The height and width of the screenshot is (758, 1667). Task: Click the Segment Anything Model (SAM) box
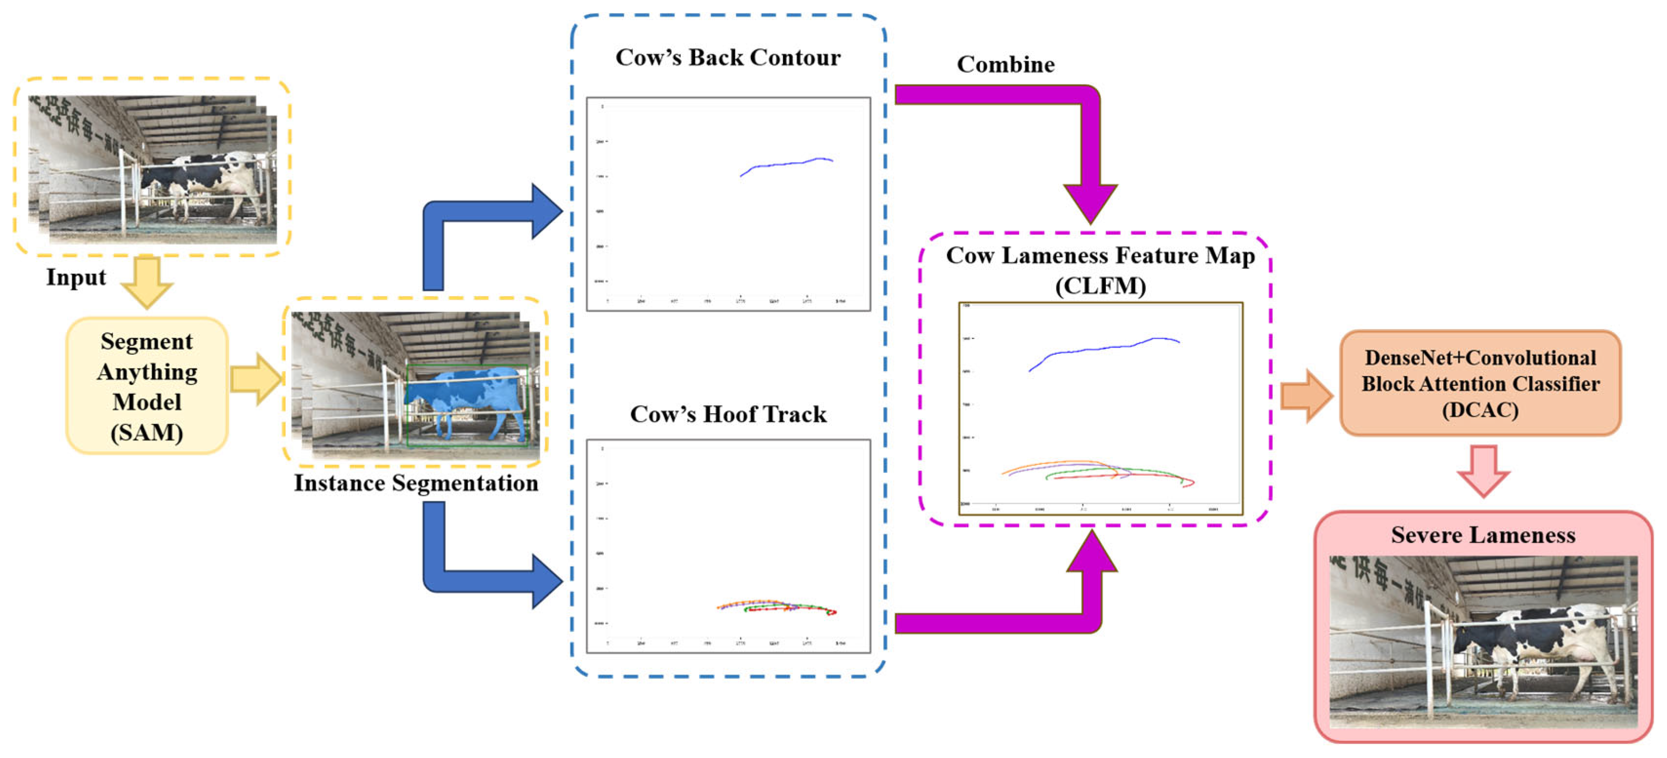coord(147,386)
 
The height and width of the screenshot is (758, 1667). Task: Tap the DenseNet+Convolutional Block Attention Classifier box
coord(1480,383)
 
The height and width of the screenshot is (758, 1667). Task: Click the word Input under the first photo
coord(76,278)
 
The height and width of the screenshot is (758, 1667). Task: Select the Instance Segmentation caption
coord(415,483)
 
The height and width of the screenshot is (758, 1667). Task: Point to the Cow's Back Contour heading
coord(728,57)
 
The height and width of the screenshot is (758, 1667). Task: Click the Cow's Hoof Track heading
coord(728,414)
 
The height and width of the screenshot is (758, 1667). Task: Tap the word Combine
coord(1006,65)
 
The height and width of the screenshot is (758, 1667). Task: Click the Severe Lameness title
coord(1483,535)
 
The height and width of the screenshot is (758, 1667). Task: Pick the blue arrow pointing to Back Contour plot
coord(492,220)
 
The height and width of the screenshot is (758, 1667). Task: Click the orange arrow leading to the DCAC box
coord(1306,397)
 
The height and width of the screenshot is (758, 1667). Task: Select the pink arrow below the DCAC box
coord(1483,470)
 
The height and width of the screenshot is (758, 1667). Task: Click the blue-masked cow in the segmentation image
coord(466,395)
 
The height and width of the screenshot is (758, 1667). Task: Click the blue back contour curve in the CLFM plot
coord(1100,349)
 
